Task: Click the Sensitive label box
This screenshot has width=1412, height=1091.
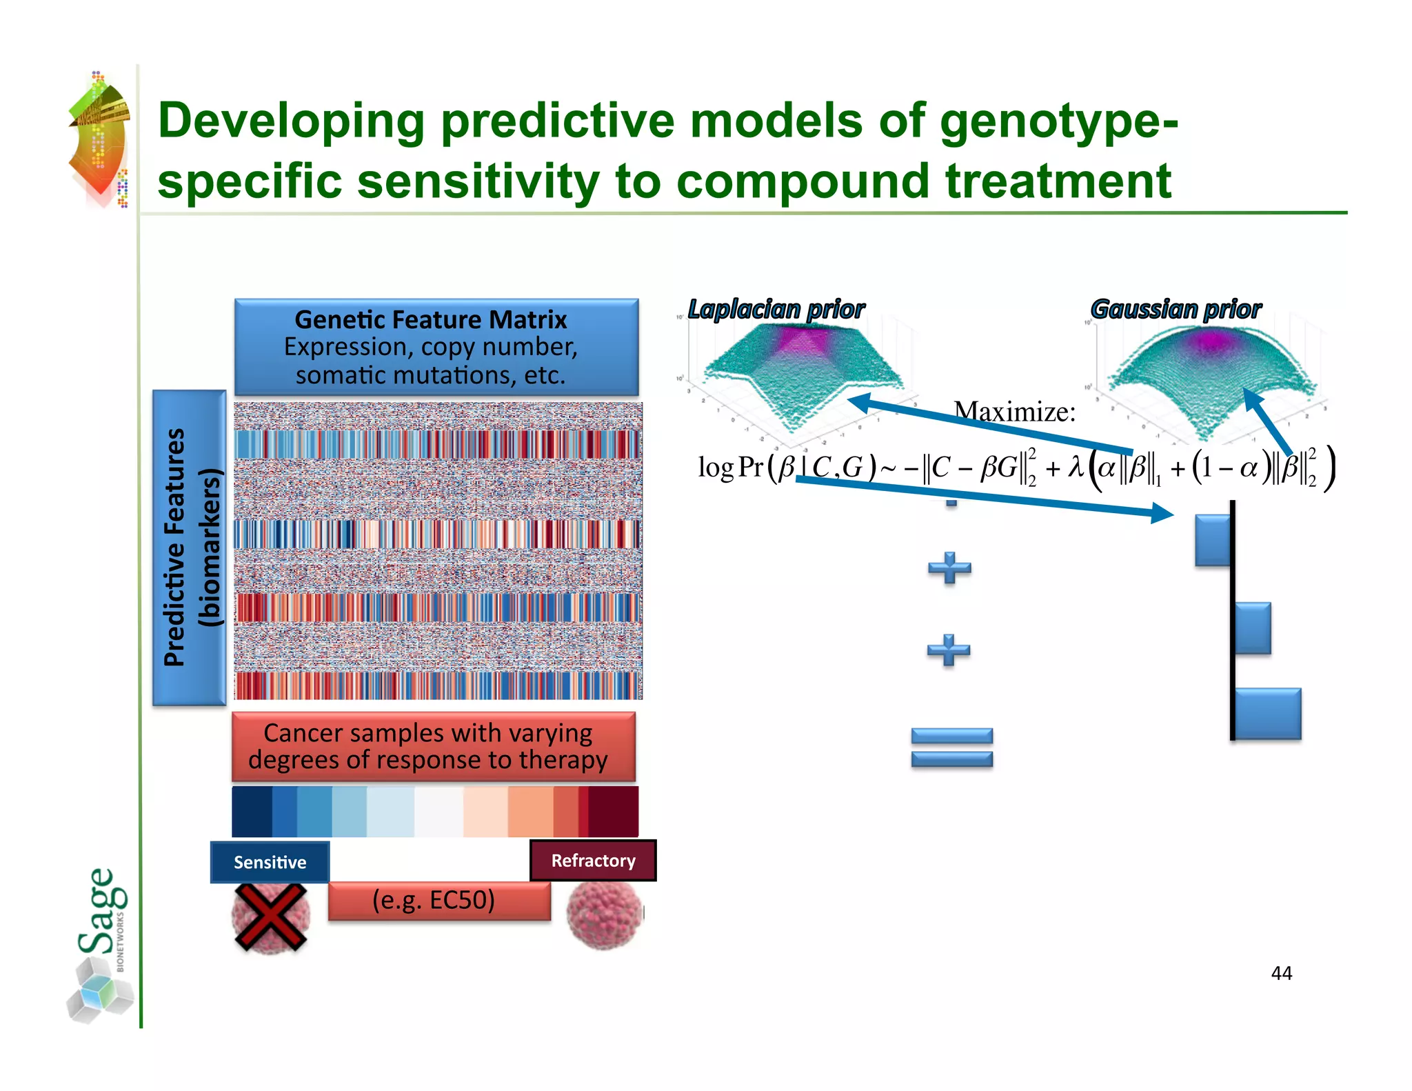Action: click(x=270, y=862)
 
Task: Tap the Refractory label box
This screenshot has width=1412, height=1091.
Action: click(x=593, y=861)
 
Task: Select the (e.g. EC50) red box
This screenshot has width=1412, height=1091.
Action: click(x=438, y=901)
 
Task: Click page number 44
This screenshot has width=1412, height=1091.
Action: click(x=1281, y=973)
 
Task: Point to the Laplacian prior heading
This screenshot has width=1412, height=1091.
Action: click(x=776, y=310)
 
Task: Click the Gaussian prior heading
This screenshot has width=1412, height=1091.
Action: click(x=1176, y=310)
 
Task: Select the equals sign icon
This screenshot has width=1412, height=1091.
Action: click(x=951, y=748)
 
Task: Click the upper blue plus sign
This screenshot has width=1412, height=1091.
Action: click(x=949, y=568)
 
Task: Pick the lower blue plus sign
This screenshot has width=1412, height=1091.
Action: click(x=948, y=650)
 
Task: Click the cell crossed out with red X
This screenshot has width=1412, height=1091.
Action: click(x=270, y=917)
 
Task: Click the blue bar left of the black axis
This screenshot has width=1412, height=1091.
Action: click(x=1212, y=541)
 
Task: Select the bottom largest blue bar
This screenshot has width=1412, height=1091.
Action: click(x=1267, y=714)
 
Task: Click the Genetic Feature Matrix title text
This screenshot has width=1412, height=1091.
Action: click(x=430, y=320)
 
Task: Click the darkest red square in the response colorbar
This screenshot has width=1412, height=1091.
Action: click(x=613, y=812)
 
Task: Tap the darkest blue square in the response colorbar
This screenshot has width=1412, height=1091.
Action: click(x=252, y=812)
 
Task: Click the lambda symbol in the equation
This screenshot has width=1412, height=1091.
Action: click(x=1076, y=468)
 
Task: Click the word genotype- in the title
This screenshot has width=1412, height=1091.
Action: click(x=1058, y=121)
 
